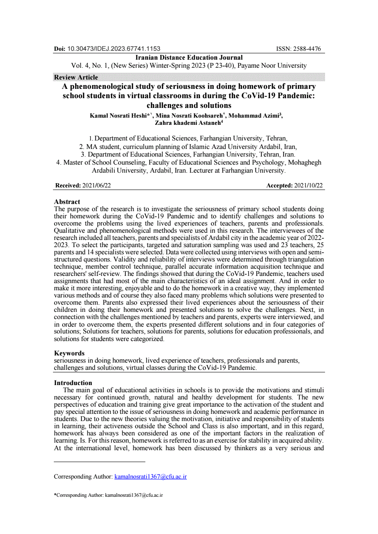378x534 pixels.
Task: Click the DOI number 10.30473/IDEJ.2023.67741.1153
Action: coord(114,49)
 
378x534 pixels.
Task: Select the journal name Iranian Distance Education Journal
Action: coord(189,58)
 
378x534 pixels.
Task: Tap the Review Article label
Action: coord(76,77)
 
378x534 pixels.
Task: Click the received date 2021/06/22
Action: coord(97,186)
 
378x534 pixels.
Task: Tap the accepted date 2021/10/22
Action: coord(309,186)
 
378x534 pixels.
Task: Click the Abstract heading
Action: coord(67,202)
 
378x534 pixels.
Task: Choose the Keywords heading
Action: coord(69,353)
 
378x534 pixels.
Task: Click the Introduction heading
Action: coord(73,383)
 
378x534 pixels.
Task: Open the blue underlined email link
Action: coord(150,477)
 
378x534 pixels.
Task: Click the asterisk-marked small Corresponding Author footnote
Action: coord(108,495)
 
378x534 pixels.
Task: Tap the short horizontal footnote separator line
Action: coord(100,462)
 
